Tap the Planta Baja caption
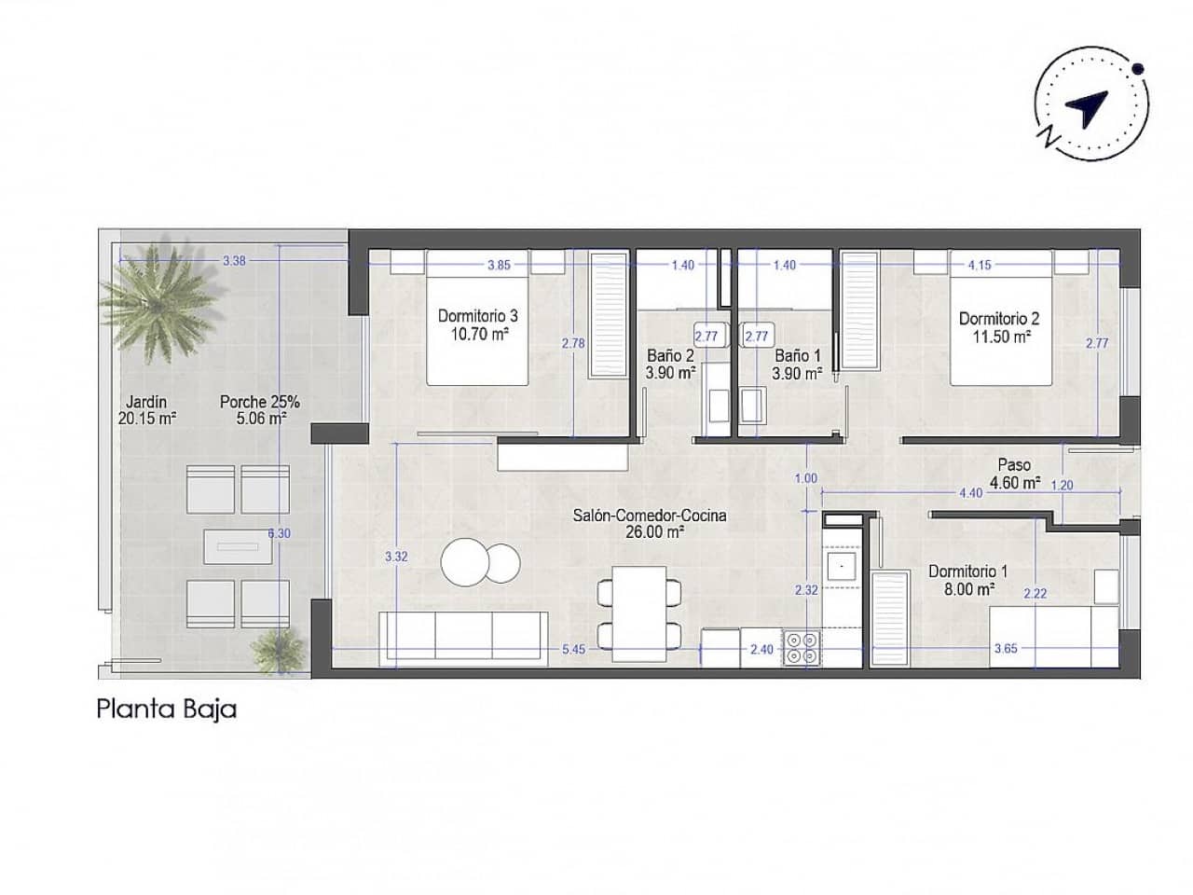click(x=166, y=709)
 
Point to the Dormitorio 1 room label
click(x=967, y=580)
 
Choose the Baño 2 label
click(x=671, y=365)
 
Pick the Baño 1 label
click(x=798, y=365)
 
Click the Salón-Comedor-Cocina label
click(x=650, y=523)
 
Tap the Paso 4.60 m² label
click(x=1016, y=474)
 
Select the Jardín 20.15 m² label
click(x=147, y=410)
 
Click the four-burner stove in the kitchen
click(x=802, y=648)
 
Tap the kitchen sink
click(x=843, y=565)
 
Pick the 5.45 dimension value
click(x=574, y=650)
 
